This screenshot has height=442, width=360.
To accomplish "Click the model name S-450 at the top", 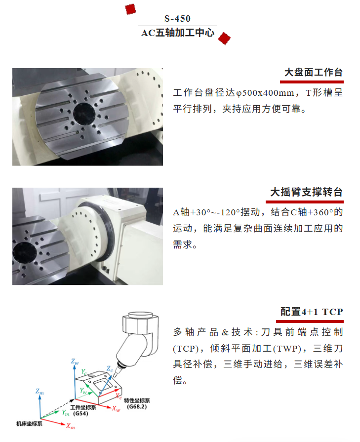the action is (x=178, y=19).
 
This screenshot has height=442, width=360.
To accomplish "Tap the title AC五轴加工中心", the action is (x=178, y=33).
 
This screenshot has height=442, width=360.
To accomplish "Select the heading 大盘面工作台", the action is (x=314, y=73).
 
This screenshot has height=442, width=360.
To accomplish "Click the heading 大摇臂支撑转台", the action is (x=307, y=192).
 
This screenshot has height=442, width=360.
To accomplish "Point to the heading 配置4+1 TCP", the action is (x=312, y=312).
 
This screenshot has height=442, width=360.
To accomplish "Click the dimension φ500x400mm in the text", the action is (x=265, y=93).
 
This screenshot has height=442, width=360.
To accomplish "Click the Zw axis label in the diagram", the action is (x=75, y=362).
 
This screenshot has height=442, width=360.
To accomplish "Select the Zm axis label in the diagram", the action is (x=40, y=392).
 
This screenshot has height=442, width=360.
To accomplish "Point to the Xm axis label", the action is (x=71, y=426).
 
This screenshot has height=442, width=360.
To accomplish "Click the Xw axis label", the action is (x=116, y=408).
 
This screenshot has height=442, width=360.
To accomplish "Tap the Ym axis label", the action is (x=65, y=413).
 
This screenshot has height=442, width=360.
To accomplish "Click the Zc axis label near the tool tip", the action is (x=110, y=369).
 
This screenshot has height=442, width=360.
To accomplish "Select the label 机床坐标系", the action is (x=29, y=424).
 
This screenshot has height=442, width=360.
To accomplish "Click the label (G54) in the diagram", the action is (x=80, y=413).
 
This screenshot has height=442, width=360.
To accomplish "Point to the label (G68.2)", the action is (x=137, y=406).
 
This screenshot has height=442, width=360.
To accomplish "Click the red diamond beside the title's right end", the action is (x=224, y=39).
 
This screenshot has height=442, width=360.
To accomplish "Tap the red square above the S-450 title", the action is (x=130, y=9).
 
